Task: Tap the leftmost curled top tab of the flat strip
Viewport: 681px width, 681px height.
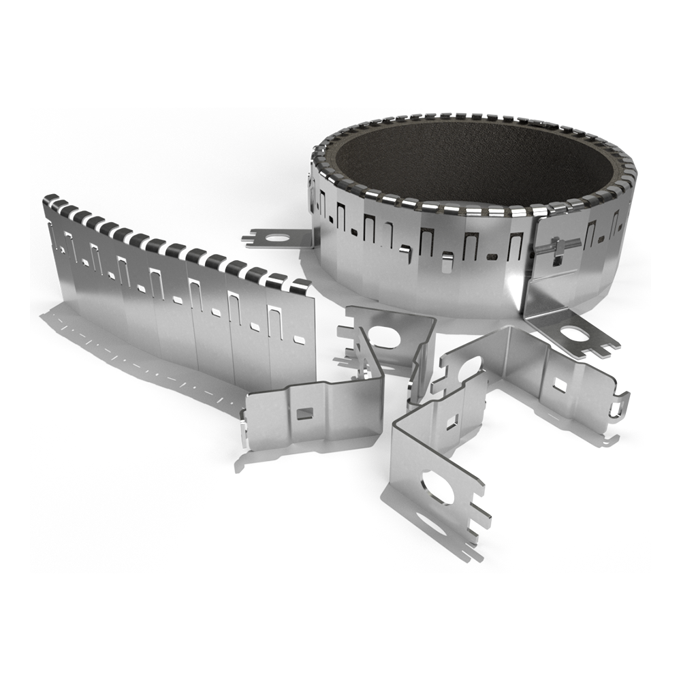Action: click(x=49, y=200)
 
